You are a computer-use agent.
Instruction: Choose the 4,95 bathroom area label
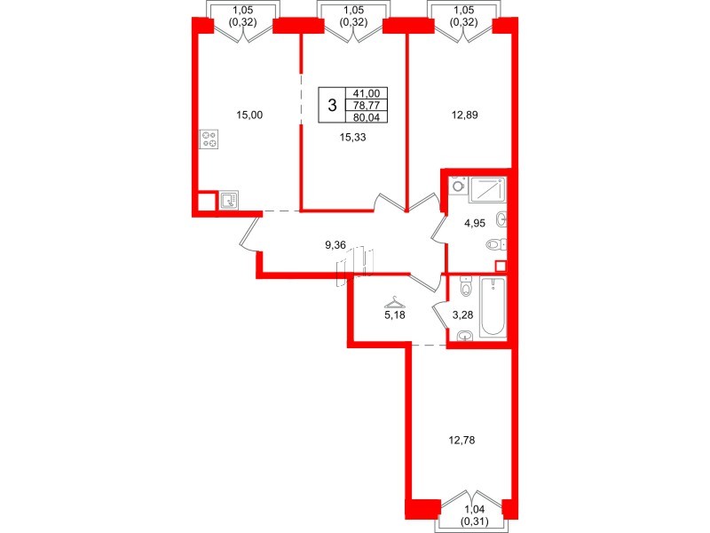[476, 224]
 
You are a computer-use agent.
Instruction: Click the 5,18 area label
[391, 314]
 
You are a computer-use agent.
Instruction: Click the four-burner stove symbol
[210, 139]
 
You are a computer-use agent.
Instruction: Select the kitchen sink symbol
[227, 201]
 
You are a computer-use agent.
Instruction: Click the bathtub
[493, 307]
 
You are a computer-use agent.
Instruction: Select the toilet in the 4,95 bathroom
[495, 244]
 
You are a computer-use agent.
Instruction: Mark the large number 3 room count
[332, 105]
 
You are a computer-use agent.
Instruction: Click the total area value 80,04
[365, 115]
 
